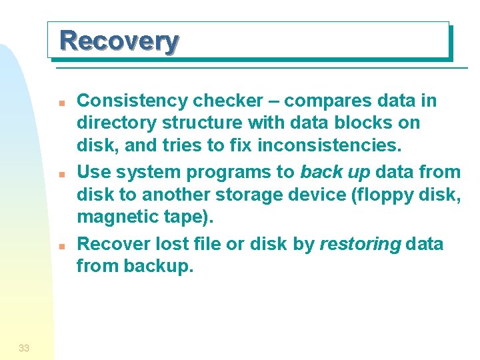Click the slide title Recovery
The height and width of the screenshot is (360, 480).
[x=119, y=41]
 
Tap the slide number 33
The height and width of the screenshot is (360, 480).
[x=24, y=347]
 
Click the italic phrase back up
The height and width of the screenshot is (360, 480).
[x=335, y=172]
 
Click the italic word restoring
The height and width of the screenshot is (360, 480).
[x=360, y=244]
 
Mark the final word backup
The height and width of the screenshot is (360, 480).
[x=159, y=266]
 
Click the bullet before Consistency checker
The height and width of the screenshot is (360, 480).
[x=60, y=103]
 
